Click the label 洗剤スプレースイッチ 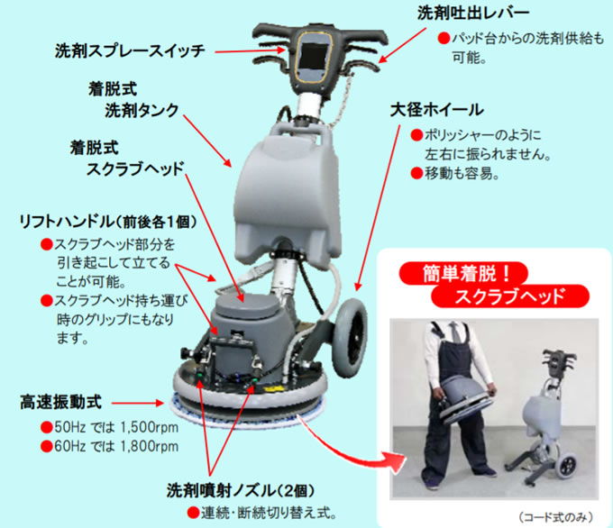pyautogui.click(x=130, y=50)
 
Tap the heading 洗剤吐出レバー pyautogui.click(x=472, y=13)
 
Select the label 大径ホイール pyautogui.click(x=436, y=110)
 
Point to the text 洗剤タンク pyautogui.click(x=142, y=110)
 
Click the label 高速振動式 pyautogui.click(x=60, y=402)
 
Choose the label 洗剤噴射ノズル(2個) pyautogui.click(x=240, y=490)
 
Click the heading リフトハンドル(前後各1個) pyautogui.click(x=108, y=222)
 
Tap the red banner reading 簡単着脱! pyautogui.click(x=463, y=273)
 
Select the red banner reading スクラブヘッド pyautogui.click(x=510, y=296)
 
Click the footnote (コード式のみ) pyautogui.click(x=555, y=517)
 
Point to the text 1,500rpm pyautogui.click(x=149, y=427)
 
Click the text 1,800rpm pyautogui.click(x=149, y=446)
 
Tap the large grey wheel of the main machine pyautogui.click(x=350, y=338)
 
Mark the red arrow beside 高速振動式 pyautogui.click(x=137, y=403)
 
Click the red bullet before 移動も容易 pyautogui.click(x=416, y=173)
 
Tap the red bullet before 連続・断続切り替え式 pyautogui.click(x=193, y=513)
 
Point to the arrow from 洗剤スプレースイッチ pyautogui.click(x=250, y=50)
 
